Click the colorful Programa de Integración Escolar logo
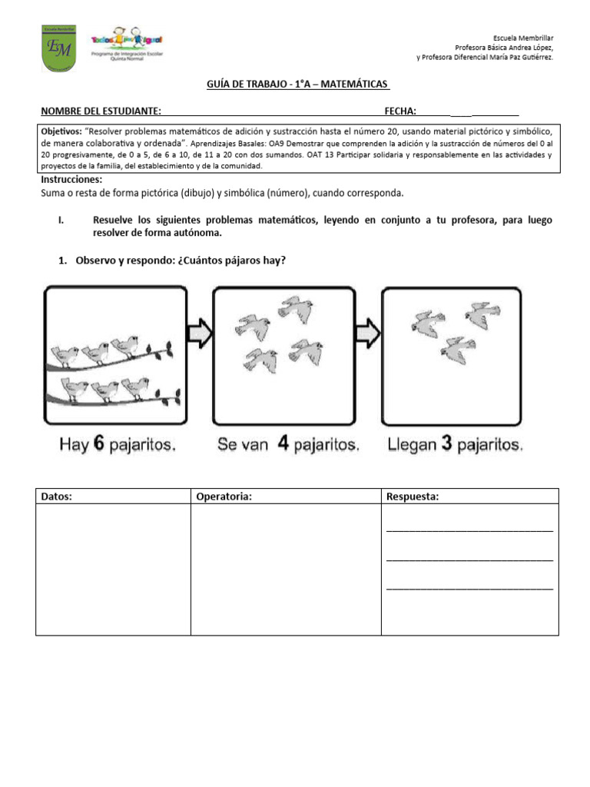[126, 47]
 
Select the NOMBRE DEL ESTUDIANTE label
[101, 111]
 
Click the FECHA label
[400, 111]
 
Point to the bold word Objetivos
[61, 132]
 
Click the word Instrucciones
[71, 180]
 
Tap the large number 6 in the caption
[99, 443]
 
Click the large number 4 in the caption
[283, 443]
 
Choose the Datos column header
[56, 496]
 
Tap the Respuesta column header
[413, 496]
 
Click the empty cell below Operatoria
[285, 569]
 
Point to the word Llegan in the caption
[413, 444]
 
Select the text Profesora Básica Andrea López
[504, 47]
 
